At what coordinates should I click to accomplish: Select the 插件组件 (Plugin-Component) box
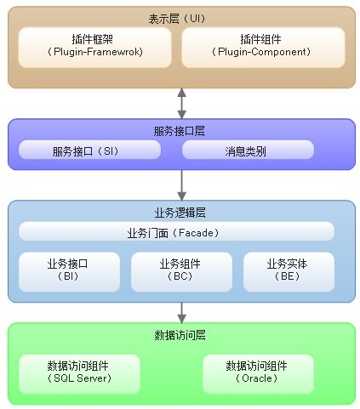263,47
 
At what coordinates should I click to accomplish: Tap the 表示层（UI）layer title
181,18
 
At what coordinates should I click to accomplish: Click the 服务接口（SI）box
89,151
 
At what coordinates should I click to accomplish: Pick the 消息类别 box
249,151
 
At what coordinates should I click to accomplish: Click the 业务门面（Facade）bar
176,232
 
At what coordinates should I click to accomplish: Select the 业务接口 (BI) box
67,270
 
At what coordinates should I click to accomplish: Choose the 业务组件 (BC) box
180,270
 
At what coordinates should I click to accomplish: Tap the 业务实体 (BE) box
287,270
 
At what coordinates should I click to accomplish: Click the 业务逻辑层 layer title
181,212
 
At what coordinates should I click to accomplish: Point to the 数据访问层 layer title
181,335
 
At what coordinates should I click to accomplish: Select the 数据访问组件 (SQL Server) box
79,372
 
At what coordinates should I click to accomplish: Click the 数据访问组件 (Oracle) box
257,372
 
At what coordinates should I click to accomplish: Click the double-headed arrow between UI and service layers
181,103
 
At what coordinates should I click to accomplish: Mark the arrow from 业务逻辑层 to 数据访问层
181,311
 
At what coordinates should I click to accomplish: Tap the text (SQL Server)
79,378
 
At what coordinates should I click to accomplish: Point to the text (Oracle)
257,378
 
